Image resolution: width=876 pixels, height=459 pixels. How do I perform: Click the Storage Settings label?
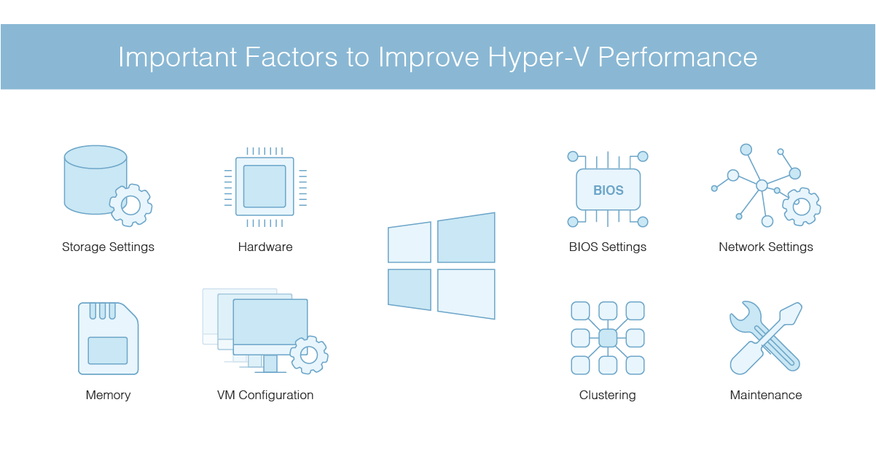coord(108,247)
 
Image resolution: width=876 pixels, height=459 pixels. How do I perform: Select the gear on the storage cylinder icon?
coord(131,205)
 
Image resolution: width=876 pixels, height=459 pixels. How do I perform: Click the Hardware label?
coord(265,247)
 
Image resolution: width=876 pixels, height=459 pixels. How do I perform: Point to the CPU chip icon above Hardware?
coord(265,186)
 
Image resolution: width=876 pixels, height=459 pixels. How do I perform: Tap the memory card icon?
coord(108,339)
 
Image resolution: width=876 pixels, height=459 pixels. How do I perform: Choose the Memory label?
coord(108,395)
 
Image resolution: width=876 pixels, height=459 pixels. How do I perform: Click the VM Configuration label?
coord(265,395)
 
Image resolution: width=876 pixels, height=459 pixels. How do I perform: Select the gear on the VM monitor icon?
coord(309,355)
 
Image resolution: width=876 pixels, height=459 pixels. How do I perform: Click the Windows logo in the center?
coord(442,266)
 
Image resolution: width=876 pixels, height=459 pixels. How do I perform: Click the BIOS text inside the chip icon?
coord(608,190)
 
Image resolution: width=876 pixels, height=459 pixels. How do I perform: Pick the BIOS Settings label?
coord(608,247)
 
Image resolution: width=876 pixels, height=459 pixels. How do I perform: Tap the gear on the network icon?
coord(802,207)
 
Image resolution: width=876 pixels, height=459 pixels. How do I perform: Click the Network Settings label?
coord(766,247)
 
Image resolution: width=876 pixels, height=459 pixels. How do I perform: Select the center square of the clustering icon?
coord(608,338)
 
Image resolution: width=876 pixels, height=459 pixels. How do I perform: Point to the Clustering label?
coord(608,395)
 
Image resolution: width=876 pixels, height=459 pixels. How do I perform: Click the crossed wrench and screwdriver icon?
coord(765,338)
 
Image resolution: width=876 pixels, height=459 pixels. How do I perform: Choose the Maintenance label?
coord(766,395)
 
